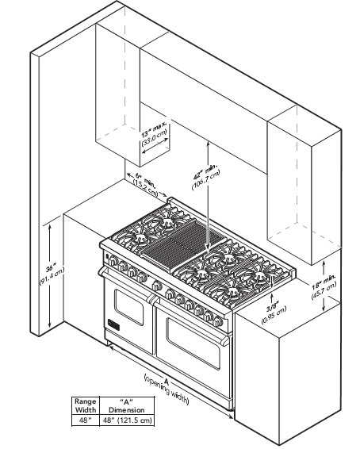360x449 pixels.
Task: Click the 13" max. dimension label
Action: (155, 130)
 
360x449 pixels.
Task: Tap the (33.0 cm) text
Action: (154, 138)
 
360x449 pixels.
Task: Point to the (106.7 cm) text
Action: (206, 180)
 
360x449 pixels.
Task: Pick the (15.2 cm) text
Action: (146, 187)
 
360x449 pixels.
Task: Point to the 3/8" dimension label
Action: (272, 308)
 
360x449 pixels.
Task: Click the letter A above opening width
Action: (167, 381)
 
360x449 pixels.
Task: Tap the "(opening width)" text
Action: (166, 390)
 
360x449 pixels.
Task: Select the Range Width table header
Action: (86, 405)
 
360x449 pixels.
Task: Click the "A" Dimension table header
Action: (127, 405)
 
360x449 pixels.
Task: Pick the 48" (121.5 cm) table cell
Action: (127, 420)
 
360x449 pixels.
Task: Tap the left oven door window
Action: (128, 308)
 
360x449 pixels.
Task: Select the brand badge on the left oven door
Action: (113, 324)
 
